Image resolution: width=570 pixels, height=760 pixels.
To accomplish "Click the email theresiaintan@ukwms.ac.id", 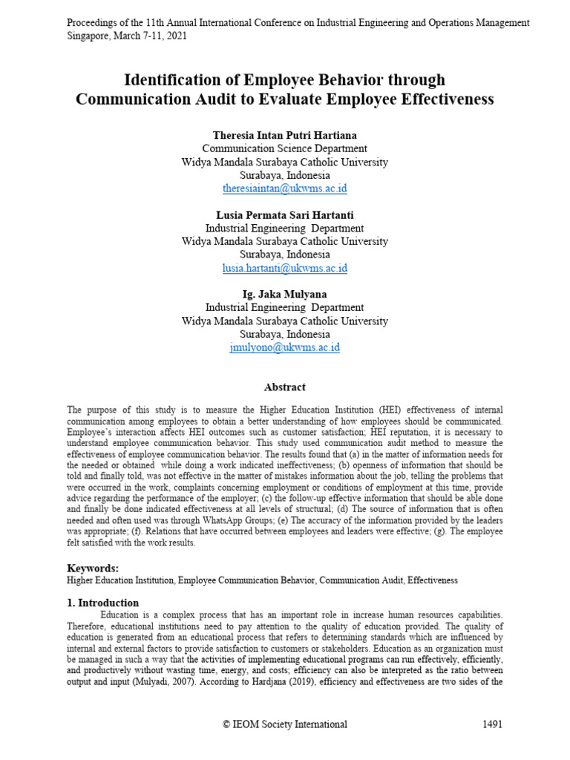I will [284, 189].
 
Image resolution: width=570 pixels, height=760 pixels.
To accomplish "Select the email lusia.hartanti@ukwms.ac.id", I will [284, 268].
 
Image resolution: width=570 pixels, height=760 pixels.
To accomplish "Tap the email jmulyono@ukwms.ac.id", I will [284, 347].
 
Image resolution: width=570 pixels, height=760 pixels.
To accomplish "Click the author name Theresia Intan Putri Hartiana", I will [284, 135].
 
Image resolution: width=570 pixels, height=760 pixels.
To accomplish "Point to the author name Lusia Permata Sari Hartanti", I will [284, 215].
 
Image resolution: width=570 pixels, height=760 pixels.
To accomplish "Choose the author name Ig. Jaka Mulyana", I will [284, 295].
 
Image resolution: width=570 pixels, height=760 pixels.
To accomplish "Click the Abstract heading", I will [284, 387].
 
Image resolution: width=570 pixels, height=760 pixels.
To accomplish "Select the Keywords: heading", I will [93, 568].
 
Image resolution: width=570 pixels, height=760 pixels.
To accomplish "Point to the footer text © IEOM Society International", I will [285, 724].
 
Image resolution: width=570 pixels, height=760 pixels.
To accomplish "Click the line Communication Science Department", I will [284, 148].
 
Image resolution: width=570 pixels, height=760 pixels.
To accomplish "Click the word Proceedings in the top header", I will [93, 23].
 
